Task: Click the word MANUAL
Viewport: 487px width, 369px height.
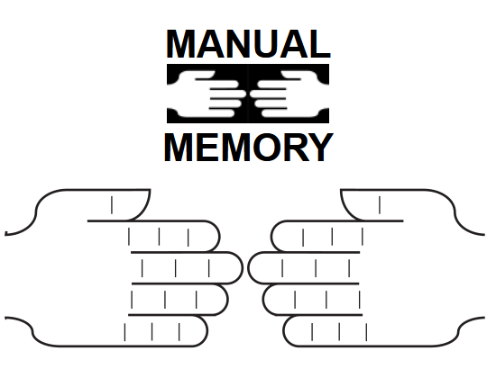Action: pos(248,44)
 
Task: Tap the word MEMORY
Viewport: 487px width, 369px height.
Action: pos(249,148)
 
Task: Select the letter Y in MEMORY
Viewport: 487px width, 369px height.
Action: pos(320,148)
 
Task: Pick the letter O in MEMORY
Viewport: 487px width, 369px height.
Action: pos(266,148)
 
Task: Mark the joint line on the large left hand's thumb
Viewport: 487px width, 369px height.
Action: pos(112,205)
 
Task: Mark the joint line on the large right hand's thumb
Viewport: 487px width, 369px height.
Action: pos(380,205)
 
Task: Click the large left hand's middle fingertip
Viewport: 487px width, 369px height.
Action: pos(242,268)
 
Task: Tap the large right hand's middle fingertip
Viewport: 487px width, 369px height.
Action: pos(249,268)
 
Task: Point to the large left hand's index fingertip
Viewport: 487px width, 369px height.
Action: pos(219,237)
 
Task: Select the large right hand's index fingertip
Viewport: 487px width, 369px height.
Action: pos(271,237)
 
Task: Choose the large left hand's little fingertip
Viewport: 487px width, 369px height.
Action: pos(207,330)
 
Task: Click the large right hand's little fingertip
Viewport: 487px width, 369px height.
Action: pos(283,330)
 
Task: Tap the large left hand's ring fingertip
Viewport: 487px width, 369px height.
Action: pos(228,300)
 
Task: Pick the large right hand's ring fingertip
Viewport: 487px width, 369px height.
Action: pos(263,300)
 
